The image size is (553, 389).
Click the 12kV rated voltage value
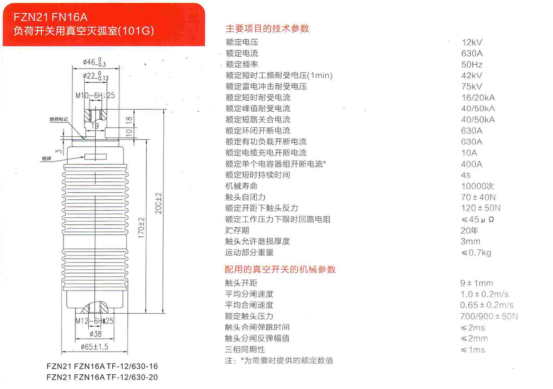471,42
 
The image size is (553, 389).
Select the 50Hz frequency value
472,64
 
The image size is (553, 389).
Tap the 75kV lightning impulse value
471,87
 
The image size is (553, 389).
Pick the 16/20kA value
478,97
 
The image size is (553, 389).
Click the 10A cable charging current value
469,153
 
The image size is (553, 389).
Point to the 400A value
472,164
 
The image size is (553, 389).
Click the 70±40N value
478,197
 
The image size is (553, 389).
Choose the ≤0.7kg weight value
476,252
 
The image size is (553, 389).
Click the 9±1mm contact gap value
476,283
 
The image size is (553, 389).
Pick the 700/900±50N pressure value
489,316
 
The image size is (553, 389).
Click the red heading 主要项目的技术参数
268,28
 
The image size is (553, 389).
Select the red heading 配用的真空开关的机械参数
280,269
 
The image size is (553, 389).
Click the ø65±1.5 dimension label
94,346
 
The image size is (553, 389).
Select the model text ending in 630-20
102,377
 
